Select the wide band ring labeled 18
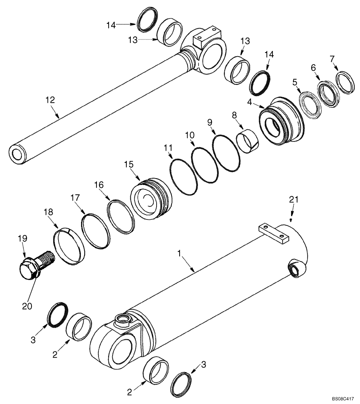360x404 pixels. pyautogui.click(x=69, y=246)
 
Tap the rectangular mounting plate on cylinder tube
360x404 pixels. pyautogui.click(x=275, y=234)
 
